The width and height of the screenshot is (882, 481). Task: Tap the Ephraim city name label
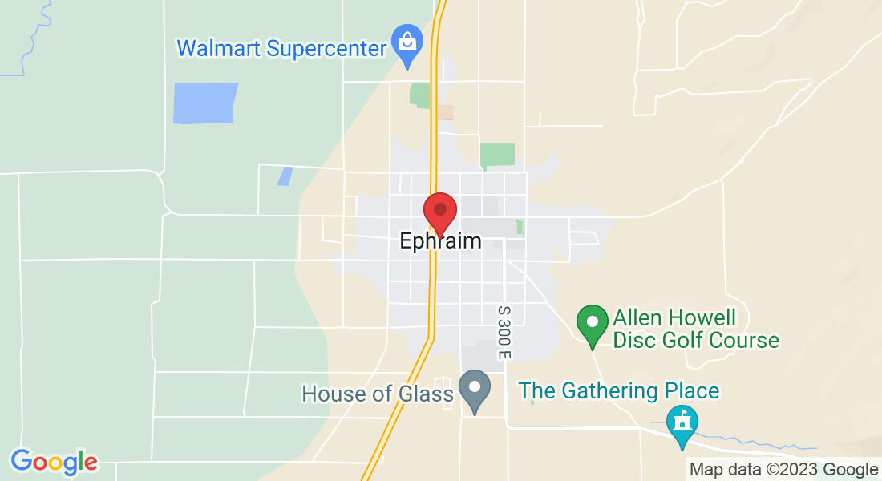point(440,240)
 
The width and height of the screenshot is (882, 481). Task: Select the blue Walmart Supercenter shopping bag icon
point(407,40)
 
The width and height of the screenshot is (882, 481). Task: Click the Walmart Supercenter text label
point(281,47)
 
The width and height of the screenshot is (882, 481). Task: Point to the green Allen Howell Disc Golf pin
point(593,324)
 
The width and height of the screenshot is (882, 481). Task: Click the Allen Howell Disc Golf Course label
point(696,329)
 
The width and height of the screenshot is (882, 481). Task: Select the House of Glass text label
point(377,394)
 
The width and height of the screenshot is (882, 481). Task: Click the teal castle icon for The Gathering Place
point(682,422)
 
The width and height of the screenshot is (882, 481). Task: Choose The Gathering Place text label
point(618,391)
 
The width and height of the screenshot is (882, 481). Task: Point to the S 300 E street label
point(504,331)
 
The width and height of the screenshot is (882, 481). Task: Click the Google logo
point(55,462)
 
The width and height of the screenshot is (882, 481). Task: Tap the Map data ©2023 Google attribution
point(783,470)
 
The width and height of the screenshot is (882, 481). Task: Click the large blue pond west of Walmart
point(205,103)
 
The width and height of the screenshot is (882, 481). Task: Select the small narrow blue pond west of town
point(285,176)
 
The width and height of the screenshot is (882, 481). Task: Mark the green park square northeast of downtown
point(497,155)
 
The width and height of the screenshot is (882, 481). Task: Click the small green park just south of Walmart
point(419,95)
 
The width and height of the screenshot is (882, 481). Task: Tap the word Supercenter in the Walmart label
point(327,47)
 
